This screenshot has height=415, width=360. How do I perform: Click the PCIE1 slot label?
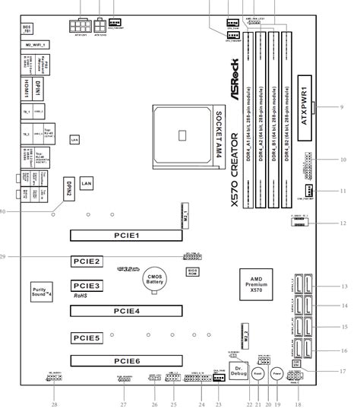[128, 236]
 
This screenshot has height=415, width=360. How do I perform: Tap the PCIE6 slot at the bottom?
[128, 362]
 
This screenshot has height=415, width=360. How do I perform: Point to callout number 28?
[54, 404]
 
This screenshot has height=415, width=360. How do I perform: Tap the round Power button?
[277, 374]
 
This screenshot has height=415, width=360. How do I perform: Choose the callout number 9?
[342, 107]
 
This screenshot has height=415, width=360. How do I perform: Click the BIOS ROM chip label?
[193, 271]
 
